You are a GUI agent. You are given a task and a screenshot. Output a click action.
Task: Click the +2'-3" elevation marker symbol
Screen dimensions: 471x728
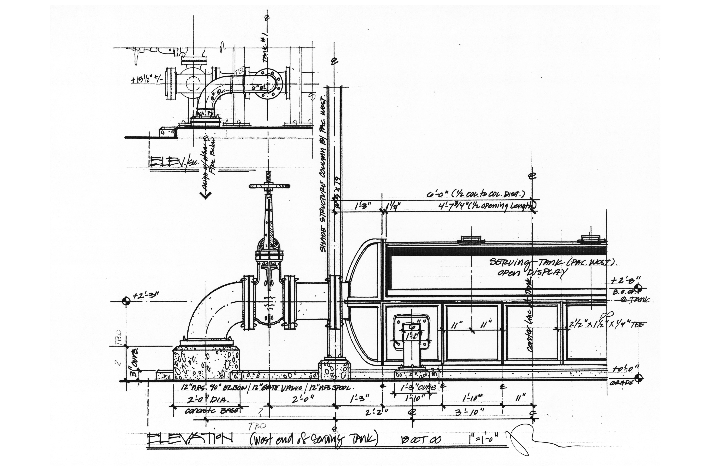[x=126, y=301]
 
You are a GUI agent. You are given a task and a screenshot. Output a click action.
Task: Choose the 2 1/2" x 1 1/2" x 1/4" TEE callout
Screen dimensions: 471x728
[x=607, y=325]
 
